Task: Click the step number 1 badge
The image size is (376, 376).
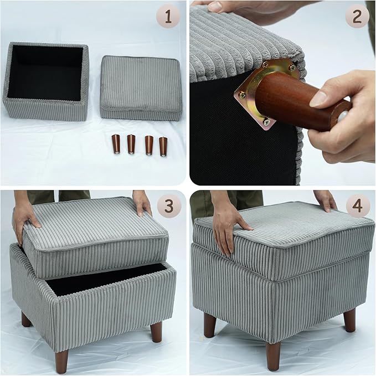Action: (x=168, y=17)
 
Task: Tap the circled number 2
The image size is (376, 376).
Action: (x=357, y=17)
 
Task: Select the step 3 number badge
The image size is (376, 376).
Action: (x=168, y=207)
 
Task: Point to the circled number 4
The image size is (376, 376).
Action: (x=357, y=207)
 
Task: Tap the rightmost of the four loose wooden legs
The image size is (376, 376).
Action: (x=163, y=146)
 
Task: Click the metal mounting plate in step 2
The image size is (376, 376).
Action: (x=266, y=94)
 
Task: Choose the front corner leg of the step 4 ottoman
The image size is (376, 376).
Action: (x=273, y=354)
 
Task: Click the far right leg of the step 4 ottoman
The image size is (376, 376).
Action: (x=349, y=320)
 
